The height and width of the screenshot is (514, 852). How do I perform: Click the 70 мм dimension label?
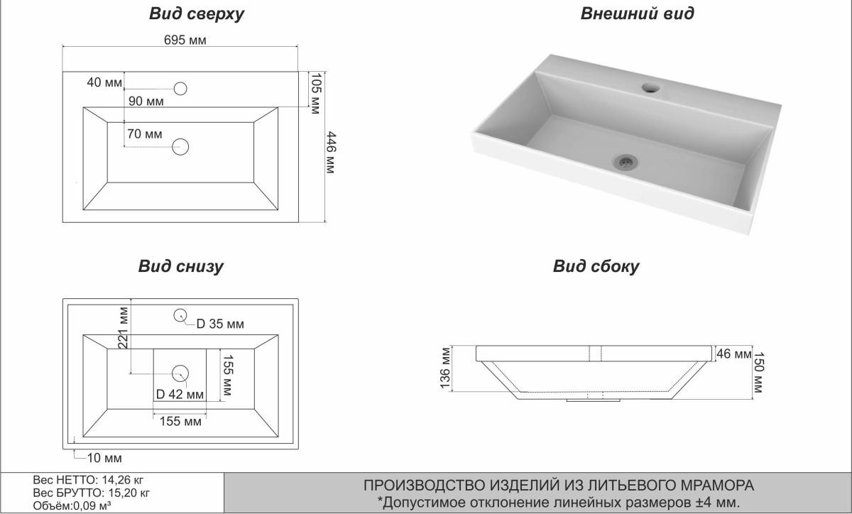(144, 133)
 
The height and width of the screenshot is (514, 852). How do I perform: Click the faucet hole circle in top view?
(180, 89)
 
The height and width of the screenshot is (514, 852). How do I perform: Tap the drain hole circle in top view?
(181, 147)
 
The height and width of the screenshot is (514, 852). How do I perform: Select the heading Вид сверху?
(197, 13)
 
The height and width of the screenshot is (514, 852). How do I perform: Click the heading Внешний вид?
(637, 13)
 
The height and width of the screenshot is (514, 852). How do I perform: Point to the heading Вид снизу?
(180, 267)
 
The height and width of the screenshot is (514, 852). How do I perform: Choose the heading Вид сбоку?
(596, 267)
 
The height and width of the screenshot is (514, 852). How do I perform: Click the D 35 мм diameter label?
(220, 324)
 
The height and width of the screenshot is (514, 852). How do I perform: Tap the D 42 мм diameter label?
(180, 394)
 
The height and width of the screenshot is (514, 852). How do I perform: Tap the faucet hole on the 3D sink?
(650, 89)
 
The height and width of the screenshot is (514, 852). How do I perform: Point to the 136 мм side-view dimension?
(446, 368)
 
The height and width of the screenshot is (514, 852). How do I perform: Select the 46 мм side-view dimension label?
(733, 354)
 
